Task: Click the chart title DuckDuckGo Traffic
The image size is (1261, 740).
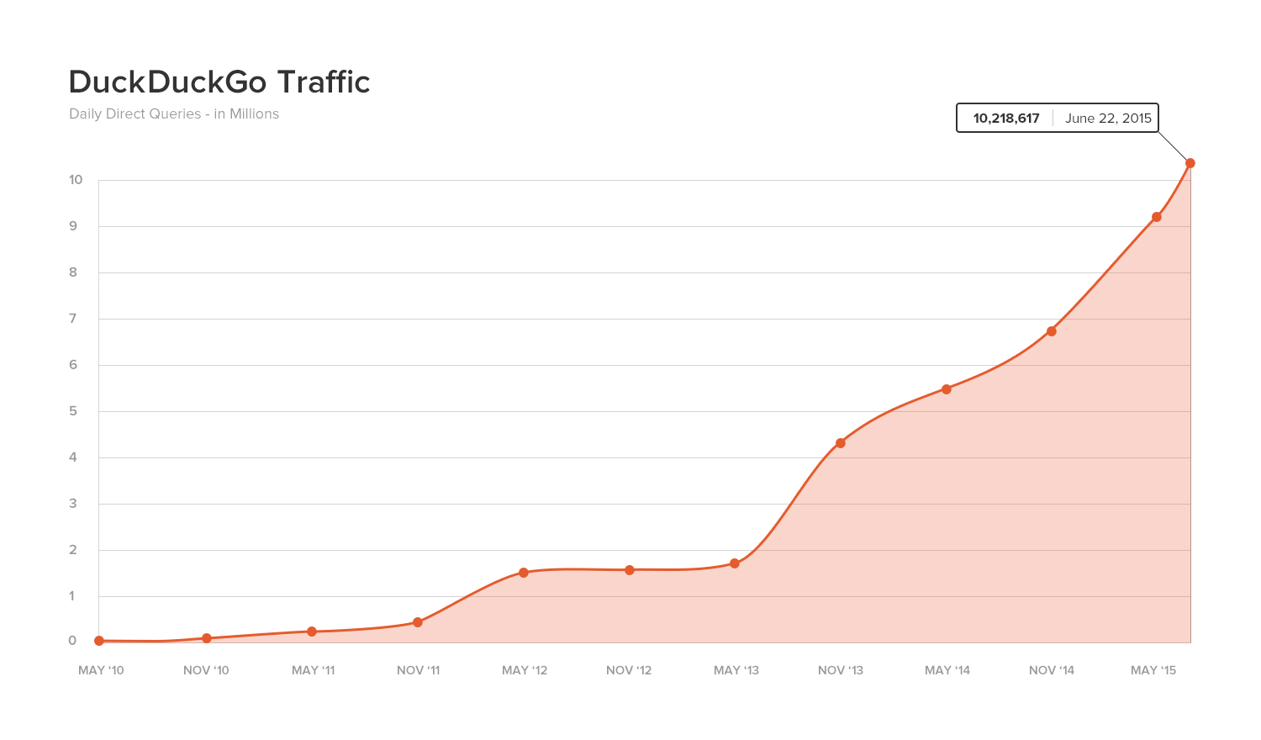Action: [x=219, y=82]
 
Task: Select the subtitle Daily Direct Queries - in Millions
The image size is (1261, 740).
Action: [x=174, y=114]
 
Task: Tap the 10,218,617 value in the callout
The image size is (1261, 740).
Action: [x=1006, y=119]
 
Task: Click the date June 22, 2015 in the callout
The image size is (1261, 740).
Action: [x=1108, y=119]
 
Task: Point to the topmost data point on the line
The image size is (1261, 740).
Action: [x=1190, y=163]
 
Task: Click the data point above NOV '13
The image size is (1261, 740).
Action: [x=841, y=443]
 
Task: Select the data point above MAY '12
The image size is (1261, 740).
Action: [x=524, y=573]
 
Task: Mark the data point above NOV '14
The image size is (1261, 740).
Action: [x=1052, y=331]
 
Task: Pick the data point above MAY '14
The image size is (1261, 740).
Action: [x=947, y=389]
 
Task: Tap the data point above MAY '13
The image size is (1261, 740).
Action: [x=735, y=563]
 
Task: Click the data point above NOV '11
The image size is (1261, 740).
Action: [x=418, y=622]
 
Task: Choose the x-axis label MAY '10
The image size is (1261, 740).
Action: [x=101, y=670]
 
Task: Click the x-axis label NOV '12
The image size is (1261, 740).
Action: [x=629, y=670]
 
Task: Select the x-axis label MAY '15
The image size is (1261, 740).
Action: [x=1153, y=670]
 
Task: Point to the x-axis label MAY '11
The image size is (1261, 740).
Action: [x=313, y=670]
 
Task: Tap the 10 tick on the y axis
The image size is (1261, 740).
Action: [x=76, y=180]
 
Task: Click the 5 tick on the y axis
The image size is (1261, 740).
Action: [x=73, y=411]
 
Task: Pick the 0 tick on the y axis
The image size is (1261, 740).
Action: [x=72, y=641]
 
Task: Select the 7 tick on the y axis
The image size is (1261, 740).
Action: [x=73, y=319]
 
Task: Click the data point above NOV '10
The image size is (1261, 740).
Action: [x=207, y=638]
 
